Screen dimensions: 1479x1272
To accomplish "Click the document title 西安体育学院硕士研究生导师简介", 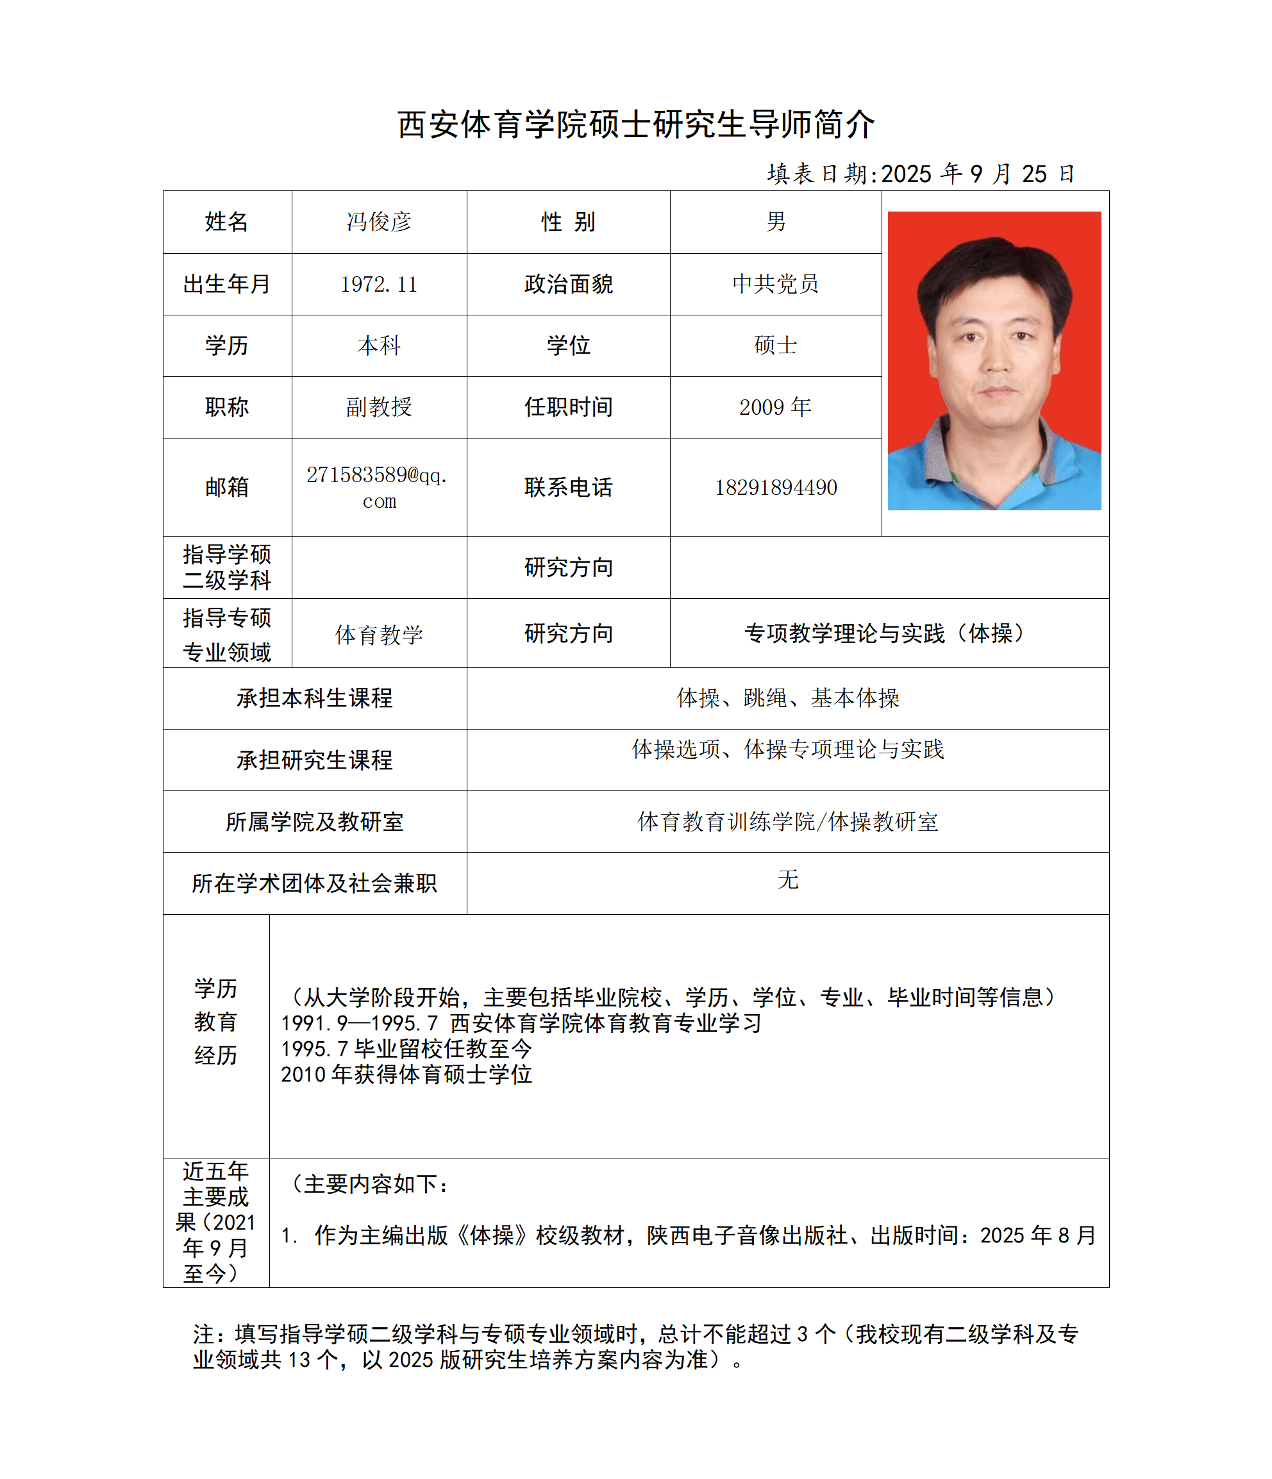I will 635,124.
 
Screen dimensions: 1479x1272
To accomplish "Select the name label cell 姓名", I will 226,222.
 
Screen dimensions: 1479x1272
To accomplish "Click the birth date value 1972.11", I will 378,285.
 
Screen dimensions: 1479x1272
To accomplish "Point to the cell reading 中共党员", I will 775,284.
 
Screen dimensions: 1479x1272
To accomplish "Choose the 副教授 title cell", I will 378,407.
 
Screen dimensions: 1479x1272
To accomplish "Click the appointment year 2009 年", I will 775,407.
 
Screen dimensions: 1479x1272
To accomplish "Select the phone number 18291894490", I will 775,487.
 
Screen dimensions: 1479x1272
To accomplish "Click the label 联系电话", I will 568,487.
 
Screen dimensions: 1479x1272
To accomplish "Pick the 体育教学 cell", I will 378,634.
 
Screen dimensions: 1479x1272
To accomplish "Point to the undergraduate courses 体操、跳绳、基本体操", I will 787,698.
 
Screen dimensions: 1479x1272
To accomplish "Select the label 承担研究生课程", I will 314,760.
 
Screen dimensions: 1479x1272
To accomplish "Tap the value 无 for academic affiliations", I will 787,880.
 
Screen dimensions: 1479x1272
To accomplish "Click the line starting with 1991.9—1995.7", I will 521,1023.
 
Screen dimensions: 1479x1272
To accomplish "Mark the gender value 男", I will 775,222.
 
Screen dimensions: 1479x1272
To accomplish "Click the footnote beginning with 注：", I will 635,1347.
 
